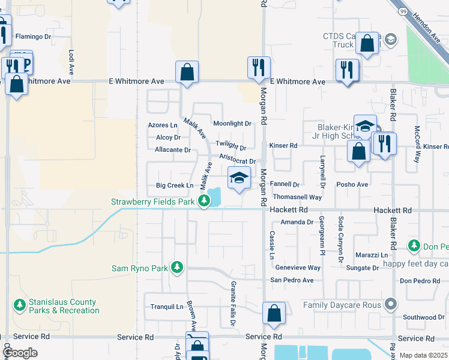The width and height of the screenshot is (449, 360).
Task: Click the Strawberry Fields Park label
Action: (152, 202)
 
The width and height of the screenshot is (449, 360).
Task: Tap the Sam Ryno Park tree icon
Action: (176, 267)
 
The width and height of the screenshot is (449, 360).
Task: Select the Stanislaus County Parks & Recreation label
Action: (63, 306)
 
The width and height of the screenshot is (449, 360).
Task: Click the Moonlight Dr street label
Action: (232, 124)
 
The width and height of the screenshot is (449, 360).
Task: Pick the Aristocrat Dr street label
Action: (238, 159)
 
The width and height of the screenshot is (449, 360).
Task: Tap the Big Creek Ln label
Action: (174, 186)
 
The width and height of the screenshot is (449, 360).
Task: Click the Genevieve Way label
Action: (297, 268)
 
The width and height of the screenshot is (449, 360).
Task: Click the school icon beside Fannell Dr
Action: (239, 178)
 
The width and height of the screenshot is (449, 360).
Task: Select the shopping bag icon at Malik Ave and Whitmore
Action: (187, 72)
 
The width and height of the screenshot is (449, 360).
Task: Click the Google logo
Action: (20, 353)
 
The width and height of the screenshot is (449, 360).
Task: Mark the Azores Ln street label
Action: (163, 125)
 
